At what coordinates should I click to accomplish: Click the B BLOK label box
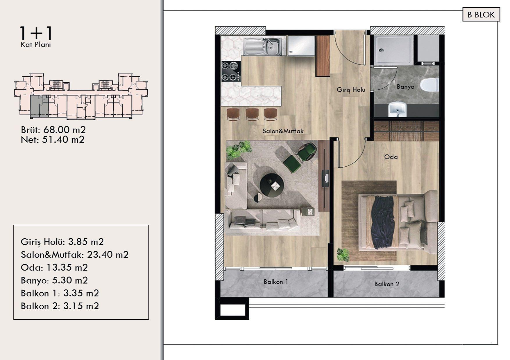tap(481, 15)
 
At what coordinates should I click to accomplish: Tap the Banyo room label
tap(405, 87)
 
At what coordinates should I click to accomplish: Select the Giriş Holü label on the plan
tap(351, 90)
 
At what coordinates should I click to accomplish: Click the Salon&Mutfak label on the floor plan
tap(283, 131)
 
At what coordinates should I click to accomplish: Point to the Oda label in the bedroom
tap(391, 157)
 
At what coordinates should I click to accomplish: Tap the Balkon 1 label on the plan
tap(276, 282)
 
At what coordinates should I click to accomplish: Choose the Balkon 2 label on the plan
tap(387, 284)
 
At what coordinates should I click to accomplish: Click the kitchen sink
tap(263, 46)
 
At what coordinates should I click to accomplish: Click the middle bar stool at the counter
tap(252, 114)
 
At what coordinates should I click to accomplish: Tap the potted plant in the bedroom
tap(343, 255)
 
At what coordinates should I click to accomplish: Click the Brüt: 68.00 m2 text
tap(53, 129)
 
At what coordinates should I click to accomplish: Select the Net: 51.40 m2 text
tap(53, 140)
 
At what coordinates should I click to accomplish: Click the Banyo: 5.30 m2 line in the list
tap(54, 280)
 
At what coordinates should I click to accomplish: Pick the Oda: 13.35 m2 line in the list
tap(54, 267)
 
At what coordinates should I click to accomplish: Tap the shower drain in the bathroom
tap(382, 50)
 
